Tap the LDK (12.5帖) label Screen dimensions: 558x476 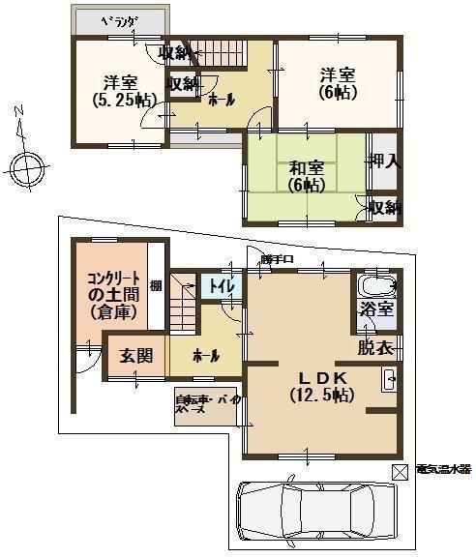[x=321, y=386]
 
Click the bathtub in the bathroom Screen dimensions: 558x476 [x=375, y=286]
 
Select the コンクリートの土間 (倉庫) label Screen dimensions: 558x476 [x=113, y=293]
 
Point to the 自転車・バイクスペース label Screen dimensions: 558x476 [x=205, y=404]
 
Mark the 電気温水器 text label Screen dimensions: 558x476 [x=443, y=469]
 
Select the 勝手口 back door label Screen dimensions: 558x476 [x=277, y=259]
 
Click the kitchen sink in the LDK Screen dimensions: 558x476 [x=388, y=379]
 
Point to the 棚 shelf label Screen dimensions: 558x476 [x=155, y=285]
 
